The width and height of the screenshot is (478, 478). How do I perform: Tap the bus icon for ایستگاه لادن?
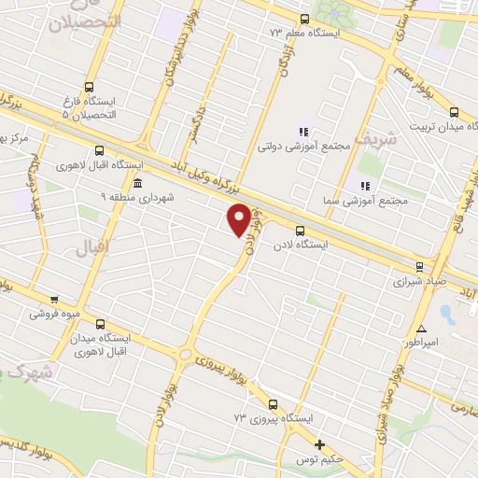[299, 231]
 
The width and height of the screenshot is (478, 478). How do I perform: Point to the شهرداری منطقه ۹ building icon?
[138, 182]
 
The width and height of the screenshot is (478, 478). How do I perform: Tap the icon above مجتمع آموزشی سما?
[364, 185]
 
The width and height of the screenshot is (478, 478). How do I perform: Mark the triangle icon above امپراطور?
[422, 329]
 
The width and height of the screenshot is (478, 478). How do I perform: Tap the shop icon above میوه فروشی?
[54, 300]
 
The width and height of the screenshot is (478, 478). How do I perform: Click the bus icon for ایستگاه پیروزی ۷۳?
[273, 405]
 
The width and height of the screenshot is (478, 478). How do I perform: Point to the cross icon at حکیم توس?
[320, 444]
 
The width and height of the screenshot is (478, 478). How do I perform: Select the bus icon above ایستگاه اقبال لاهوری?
[100, 152]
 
